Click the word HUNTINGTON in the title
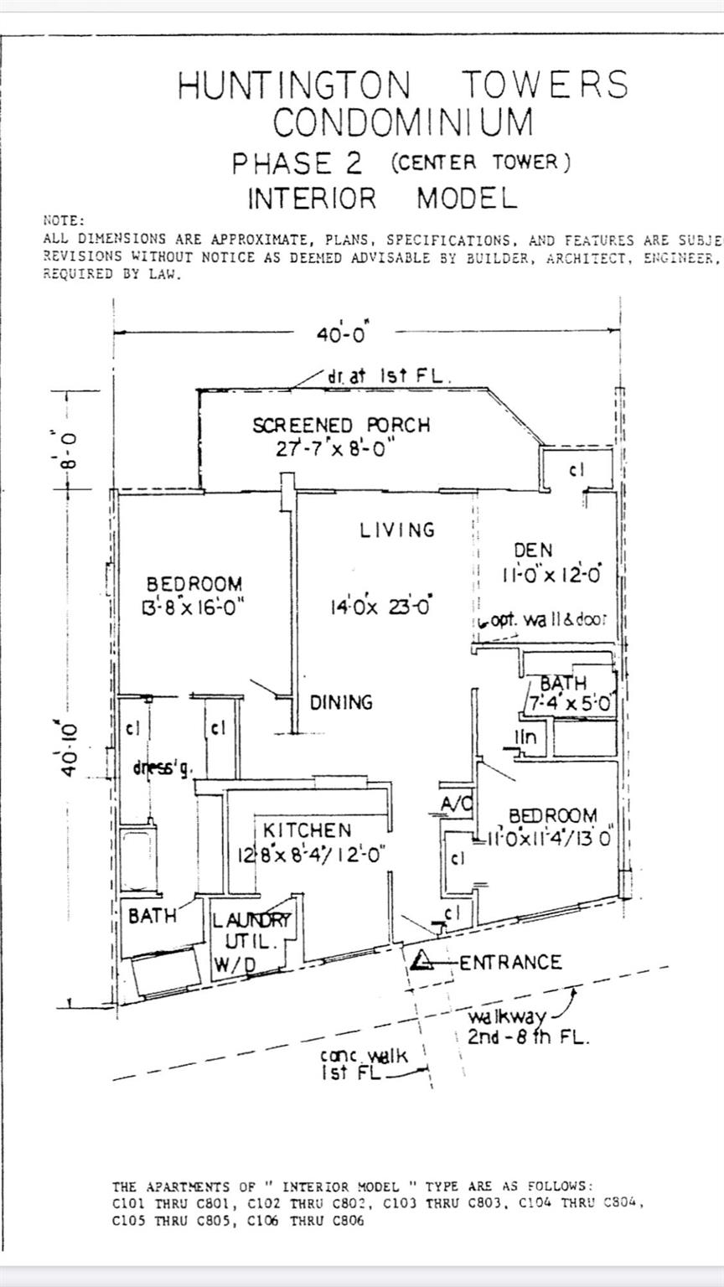point(294,85)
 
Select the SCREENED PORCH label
point(341,425)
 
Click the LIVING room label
point(398,530)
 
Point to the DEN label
point(533,550)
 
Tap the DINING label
point(341,702)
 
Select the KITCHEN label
point(307,830)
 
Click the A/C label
point(457,805)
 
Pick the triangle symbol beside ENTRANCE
point(422,961)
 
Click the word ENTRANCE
point(510,962)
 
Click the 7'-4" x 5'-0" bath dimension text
point(570,704)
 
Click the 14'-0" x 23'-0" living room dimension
point(380,605)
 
